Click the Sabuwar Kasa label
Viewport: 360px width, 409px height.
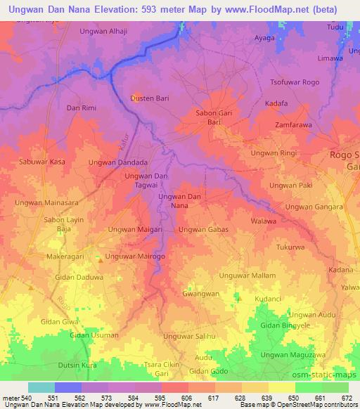(43, 162)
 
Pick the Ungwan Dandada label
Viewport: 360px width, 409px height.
(118, 162)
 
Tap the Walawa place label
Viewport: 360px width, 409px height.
(264, 221)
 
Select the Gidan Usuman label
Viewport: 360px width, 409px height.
(94, 335)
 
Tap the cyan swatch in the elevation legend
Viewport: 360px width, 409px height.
(41, 387)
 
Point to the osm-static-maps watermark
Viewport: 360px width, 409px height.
(321, 374)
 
